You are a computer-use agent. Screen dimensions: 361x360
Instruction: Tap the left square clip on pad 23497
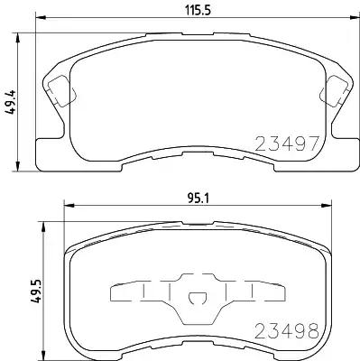58,90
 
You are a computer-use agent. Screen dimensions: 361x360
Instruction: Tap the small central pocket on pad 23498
196,299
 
